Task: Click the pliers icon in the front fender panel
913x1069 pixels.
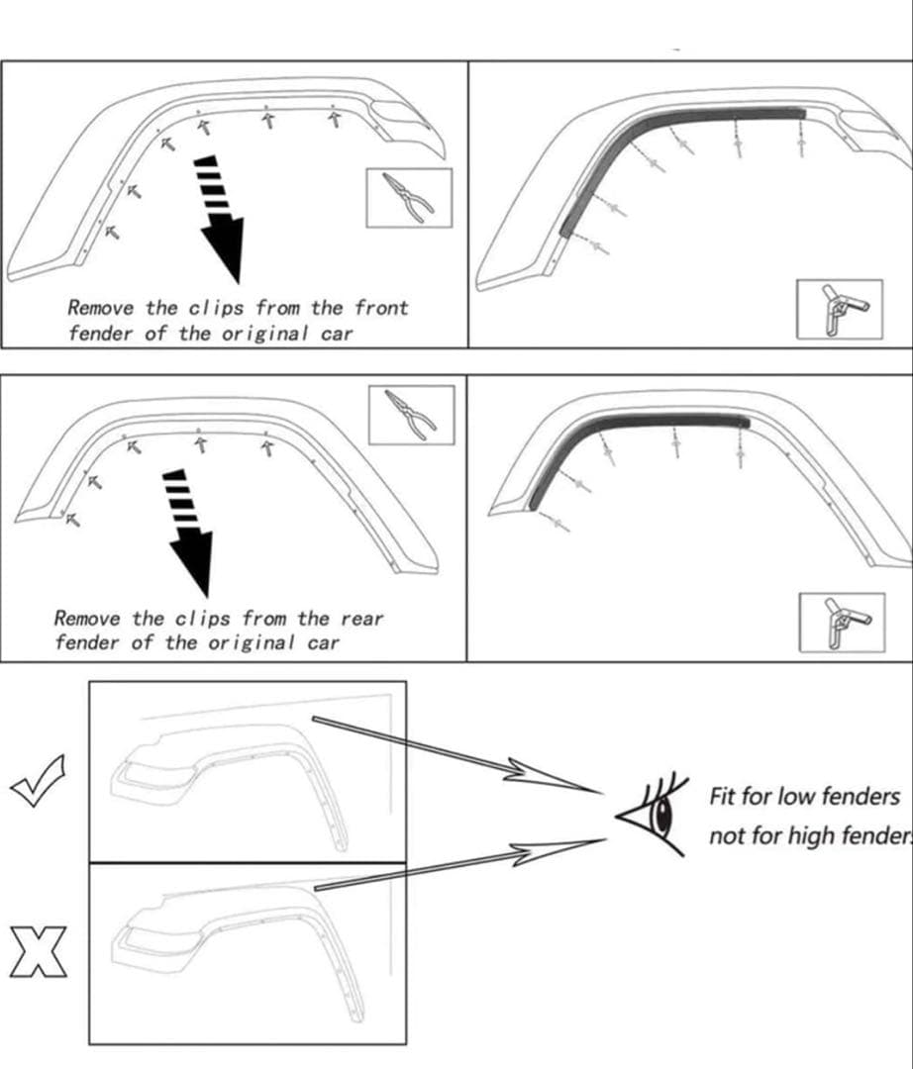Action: point(409,197)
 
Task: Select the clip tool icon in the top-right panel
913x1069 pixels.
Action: point(840,308)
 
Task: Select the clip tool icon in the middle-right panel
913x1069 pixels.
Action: point(841,623)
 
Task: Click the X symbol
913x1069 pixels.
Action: point(38,952)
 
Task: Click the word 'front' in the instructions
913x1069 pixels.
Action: point(380,308)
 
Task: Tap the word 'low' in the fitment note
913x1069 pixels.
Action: point(796,796)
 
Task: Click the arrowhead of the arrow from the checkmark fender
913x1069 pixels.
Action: point(555,778)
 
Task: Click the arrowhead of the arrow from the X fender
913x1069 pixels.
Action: point(555,849)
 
